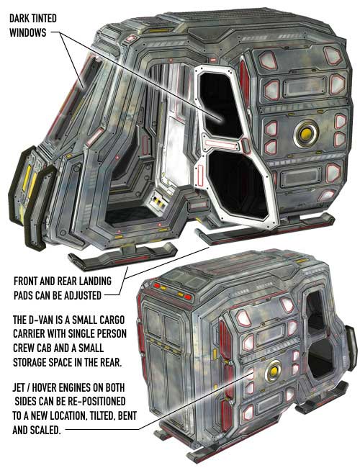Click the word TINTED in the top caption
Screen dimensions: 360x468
click(44, 19)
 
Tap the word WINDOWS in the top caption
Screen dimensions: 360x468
click(28, 32)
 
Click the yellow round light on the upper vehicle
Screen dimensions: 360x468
click(306, 134)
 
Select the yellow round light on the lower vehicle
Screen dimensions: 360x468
click(274, 372)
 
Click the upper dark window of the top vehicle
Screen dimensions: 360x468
click(219, 104)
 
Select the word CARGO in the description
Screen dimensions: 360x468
click(112, 320)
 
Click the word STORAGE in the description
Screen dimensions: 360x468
click(30, 362)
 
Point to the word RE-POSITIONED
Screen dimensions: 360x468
click(96, 402)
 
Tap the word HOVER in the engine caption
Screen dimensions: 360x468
click(45, 387)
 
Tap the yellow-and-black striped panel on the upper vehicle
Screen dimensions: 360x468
click(158, 202)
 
